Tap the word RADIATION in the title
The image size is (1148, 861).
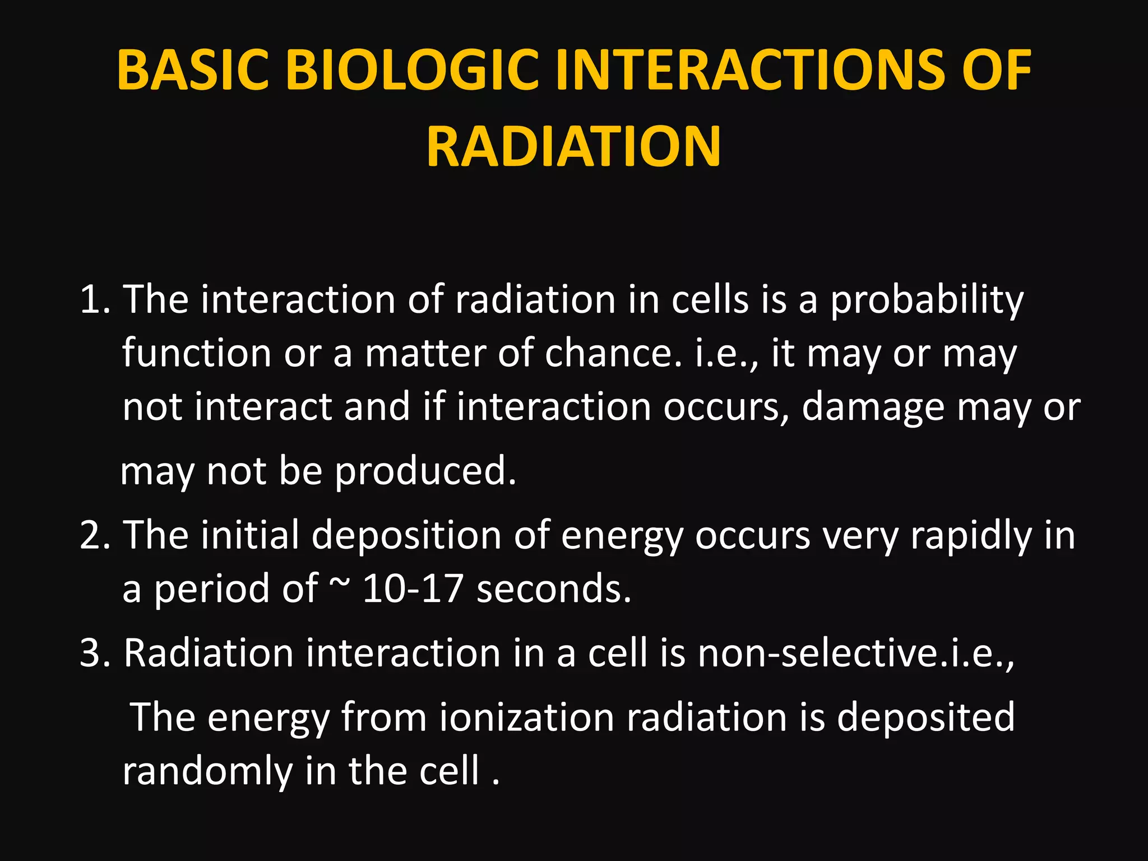coord(573,147)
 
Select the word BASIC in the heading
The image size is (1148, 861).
coord(193,71)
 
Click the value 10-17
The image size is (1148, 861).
coord(413,589)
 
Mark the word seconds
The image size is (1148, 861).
coord(554,589)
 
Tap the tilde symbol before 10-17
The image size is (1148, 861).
coord(339,583)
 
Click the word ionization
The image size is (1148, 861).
coord(526,717)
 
